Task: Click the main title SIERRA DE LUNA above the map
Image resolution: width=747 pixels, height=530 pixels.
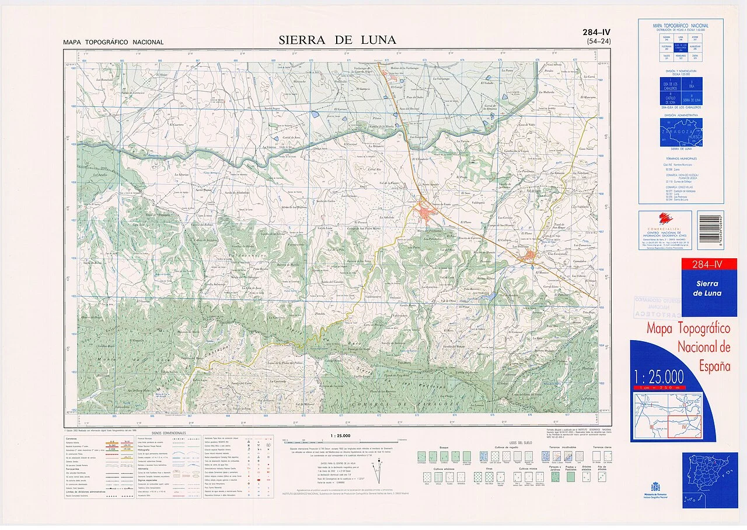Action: click(337, 40)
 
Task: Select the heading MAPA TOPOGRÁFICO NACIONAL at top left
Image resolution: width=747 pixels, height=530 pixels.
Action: click(113, 42)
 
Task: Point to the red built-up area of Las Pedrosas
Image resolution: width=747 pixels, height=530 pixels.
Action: click(529, 257)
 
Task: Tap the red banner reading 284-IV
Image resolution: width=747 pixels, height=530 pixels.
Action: click(707, 265)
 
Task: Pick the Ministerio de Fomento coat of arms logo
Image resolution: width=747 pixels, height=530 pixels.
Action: click(655, 487)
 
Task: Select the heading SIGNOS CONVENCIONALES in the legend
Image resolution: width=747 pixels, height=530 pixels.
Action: click(169, 434)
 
